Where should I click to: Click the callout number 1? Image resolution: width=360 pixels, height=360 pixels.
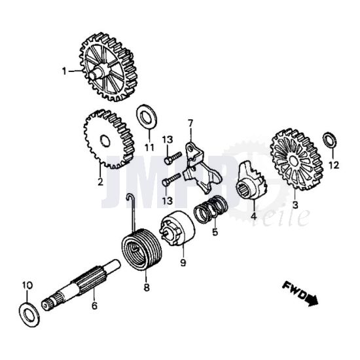[x=64, y=71]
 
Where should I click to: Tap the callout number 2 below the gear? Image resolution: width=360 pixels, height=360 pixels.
[x=100, y=182]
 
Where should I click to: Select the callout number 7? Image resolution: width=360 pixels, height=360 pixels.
[x=190, y=123]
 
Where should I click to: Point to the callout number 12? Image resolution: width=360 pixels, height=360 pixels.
[x=334, y=165]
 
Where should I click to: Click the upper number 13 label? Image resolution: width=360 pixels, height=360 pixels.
[x=168, y=139]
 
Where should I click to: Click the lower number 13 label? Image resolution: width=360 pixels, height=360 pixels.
[x=168, y=200]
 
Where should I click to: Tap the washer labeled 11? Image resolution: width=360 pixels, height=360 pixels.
[x=147, y=118]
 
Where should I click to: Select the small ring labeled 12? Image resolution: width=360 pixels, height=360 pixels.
[x=330, y=140]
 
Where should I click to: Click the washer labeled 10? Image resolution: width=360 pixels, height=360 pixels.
[x=29, y=314]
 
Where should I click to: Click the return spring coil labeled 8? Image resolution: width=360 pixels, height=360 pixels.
[x=141, y=249]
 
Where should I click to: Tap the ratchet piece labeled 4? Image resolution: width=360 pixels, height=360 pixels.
[x=251, y=181]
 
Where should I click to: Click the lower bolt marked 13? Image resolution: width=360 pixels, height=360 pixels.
[x=171, y=179]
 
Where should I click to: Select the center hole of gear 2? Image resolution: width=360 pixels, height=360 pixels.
[x=105, y=141]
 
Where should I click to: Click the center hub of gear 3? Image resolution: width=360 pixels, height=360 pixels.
[x=294, y=161]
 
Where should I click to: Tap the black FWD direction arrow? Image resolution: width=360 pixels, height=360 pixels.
[x=312, y=300]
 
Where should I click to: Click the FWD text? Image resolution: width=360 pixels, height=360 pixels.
[x=294, y=291]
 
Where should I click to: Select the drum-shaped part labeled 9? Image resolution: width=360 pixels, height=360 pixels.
[x=177, y=228]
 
